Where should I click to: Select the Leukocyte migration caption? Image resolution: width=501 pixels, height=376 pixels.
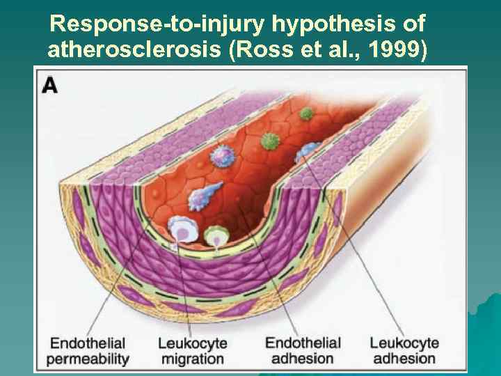[x=192, y=352]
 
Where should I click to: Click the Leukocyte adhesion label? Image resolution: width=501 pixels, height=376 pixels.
[x=404, y=352]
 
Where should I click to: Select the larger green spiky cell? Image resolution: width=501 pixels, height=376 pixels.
[x=270, y=141]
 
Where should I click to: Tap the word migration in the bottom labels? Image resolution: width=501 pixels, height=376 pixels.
[x=192, y=359]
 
